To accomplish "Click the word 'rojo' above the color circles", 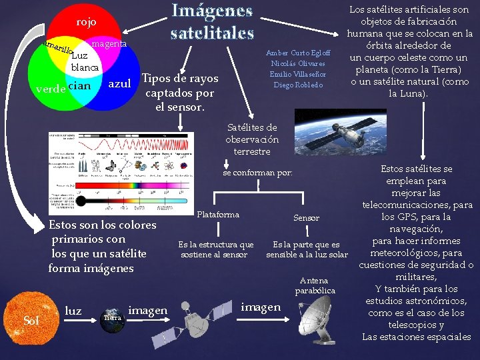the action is click(x=86, y=22).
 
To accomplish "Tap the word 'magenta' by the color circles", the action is click(x=109, y=43).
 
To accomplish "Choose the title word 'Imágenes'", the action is click(x=213, y=11).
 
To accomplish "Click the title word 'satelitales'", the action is click(x=212, y=32).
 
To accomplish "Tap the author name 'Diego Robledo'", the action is click(x=297, y=85).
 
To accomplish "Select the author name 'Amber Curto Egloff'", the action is click(x=297, y=53).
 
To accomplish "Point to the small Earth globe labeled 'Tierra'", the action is click(x=112, y=317).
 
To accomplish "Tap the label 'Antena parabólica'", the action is click(x=314, y=285).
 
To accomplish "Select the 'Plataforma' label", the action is click(x=219, y=215).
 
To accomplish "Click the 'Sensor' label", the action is click(x=307, y=218).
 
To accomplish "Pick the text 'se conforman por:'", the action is click(x=257, y=173).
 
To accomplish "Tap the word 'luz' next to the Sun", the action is click(x=73, y=310).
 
